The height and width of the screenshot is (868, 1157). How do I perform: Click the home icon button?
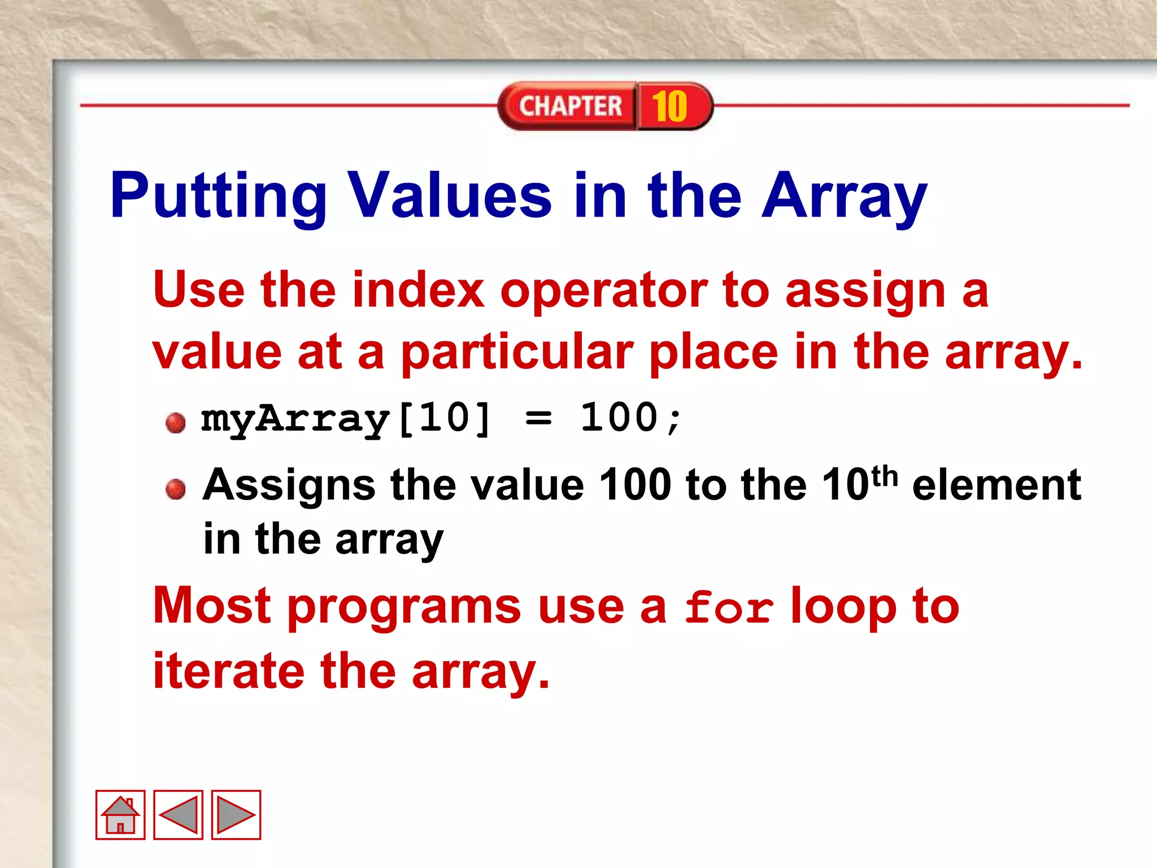pyautogui.click(x=120, y=814)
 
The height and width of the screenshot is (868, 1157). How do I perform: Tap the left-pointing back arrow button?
pyautogui.click(x=179, y=814)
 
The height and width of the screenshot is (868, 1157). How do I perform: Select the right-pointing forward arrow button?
pyautogui.click(x=236, y=814)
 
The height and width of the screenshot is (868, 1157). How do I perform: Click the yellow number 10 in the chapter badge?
pyautogui.click(x=669, y=106)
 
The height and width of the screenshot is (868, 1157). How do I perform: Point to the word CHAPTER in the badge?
pyautogui.click(x=570, y=106)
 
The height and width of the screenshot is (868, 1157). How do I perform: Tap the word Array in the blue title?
pyautogui.click(x=845, y=196)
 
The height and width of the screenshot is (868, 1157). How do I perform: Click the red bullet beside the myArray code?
pyautogui.click(x=176, y=422)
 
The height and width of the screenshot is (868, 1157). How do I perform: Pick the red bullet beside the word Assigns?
pyautogui.click(x=176, y=489)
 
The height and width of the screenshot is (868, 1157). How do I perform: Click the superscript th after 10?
pyautogui.click(x=885, y=476)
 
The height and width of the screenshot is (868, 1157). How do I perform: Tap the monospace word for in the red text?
pyautogui.click(x=729, y=608)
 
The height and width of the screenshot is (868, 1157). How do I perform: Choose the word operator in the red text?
pyautogui.click(x=603, y=291)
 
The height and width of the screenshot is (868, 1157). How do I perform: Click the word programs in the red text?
pyautogui.click(x=404, y=608)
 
